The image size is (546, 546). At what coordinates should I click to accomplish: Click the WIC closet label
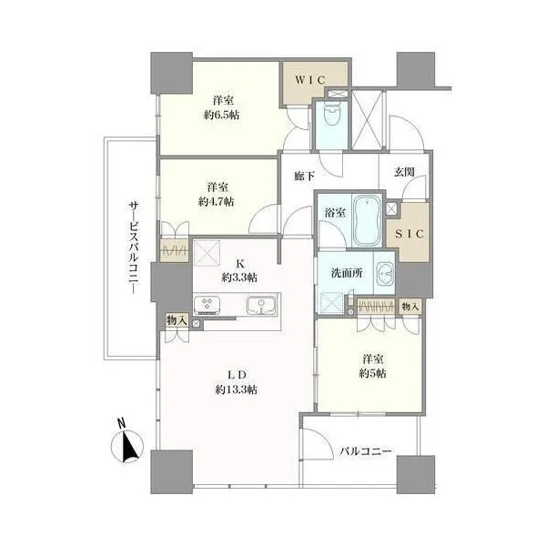click(x=310, y=80)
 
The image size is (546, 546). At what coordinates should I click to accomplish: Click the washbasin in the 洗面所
click(x=385, y=273)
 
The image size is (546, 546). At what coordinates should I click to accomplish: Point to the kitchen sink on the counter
click(x=261, y=306)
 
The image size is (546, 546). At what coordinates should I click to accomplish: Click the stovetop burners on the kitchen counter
click(x=207, y=305)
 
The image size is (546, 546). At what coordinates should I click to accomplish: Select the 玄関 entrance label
click(x=404, y=172)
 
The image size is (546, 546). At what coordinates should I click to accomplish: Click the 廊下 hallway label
click(x=304, y=177)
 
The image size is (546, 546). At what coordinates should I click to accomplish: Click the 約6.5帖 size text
click(x=222, y=115)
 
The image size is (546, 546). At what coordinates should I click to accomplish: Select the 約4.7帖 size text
click(x=217, y=202)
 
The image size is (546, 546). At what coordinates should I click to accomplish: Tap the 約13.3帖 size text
click(x=237, y=389)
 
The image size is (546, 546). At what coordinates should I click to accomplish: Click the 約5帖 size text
click(x=372, y=374)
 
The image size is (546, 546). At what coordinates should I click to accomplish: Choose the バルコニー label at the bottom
click(x=366, y=451)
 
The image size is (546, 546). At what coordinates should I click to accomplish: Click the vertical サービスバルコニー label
click(x=134, y=248)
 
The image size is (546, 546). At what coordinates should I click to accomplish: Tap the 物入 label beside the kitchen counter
click(x=177, y=320)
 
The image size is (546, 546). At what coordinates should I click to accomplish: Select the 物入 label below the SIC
click(x=409, y=307)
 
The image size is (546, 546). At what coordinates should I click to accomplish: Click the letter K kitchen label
click(x=240, y=264)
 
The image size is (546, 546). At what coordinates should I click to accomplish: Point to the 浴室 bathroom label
click(x=335, y=213)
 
